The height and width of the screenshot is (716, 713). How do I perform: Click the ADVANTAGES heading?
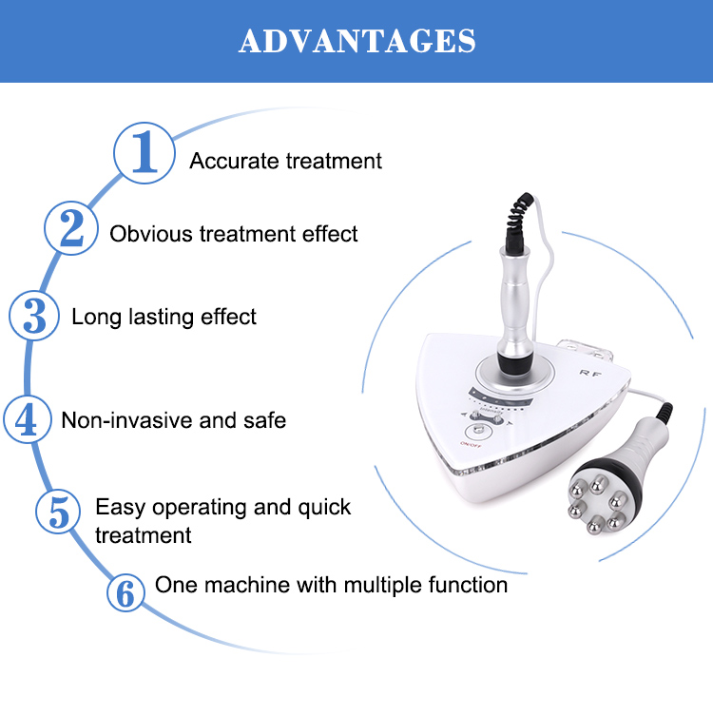tap(356, 41)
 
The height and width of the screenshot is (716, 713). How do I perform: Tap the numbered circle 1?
tap(145, 153)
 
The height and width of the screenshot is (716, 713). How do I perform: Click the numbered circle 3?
tap(35, 316)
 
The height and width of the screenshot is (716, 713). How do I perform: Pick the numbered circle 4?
tap(27, 419)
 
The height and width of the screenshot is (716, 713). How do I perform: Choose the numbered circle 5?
tap(60, 513)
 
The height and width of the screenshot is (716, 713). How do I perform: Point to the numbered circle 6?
tap(125, 591)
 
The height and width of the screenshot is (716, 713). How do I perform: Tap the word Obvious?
tap(151, 234)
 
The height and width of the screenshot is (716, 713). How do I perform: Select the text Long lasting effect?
tap(164, 317)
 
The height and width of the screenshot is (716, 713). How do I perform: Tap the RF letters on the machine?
tap(589, 375)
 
